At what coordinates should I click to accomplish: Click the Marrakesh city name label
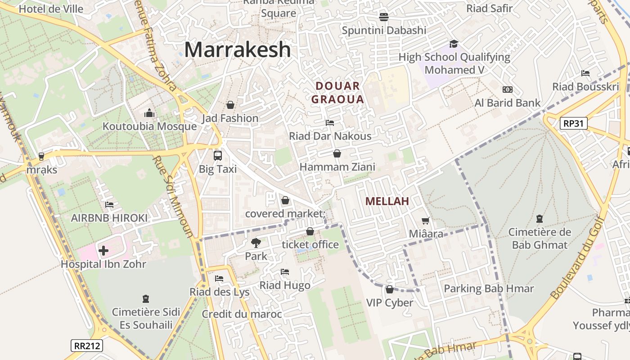pos(237,49)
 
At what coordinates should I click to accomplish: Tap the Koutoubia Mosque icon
pos(149,113)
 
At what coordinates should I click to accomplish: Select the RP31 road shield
pos(574,123)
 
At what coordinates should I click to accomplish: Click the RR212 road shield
pos(87,346)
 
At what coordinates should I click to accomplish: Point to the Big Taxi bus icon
pos(218,156)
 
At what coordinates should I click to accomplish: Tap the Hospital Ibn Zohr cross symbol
pos(103,250)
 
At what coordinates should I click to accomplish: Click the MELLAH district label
pos(387,201)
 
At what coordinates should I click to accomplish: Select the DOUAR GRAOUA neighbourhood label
pos(337,93)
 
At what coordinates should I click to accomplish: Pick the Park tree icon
pos(256,243)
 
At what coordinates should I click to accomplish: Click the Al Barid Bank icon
pos(507,90)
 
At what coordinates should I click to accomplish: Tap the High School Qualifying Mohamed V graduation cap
pos(454,44)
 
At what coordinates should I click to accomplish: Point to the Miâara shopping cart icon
pos(425,220)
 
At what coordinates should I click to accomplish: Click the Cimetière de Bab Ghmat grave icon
pos(539,219)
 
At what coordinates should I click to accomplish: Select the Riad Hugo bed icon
pos(284,272)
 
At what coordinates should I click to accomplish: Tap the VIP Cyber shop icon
pos(390,289)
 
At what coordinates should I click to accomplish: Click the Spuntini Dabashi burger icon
pos(383,17)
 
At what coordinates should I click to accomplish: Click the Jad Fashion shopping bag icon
pos(230,105)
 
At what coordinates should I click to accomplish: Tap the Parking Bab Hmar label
pos(489,288)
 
